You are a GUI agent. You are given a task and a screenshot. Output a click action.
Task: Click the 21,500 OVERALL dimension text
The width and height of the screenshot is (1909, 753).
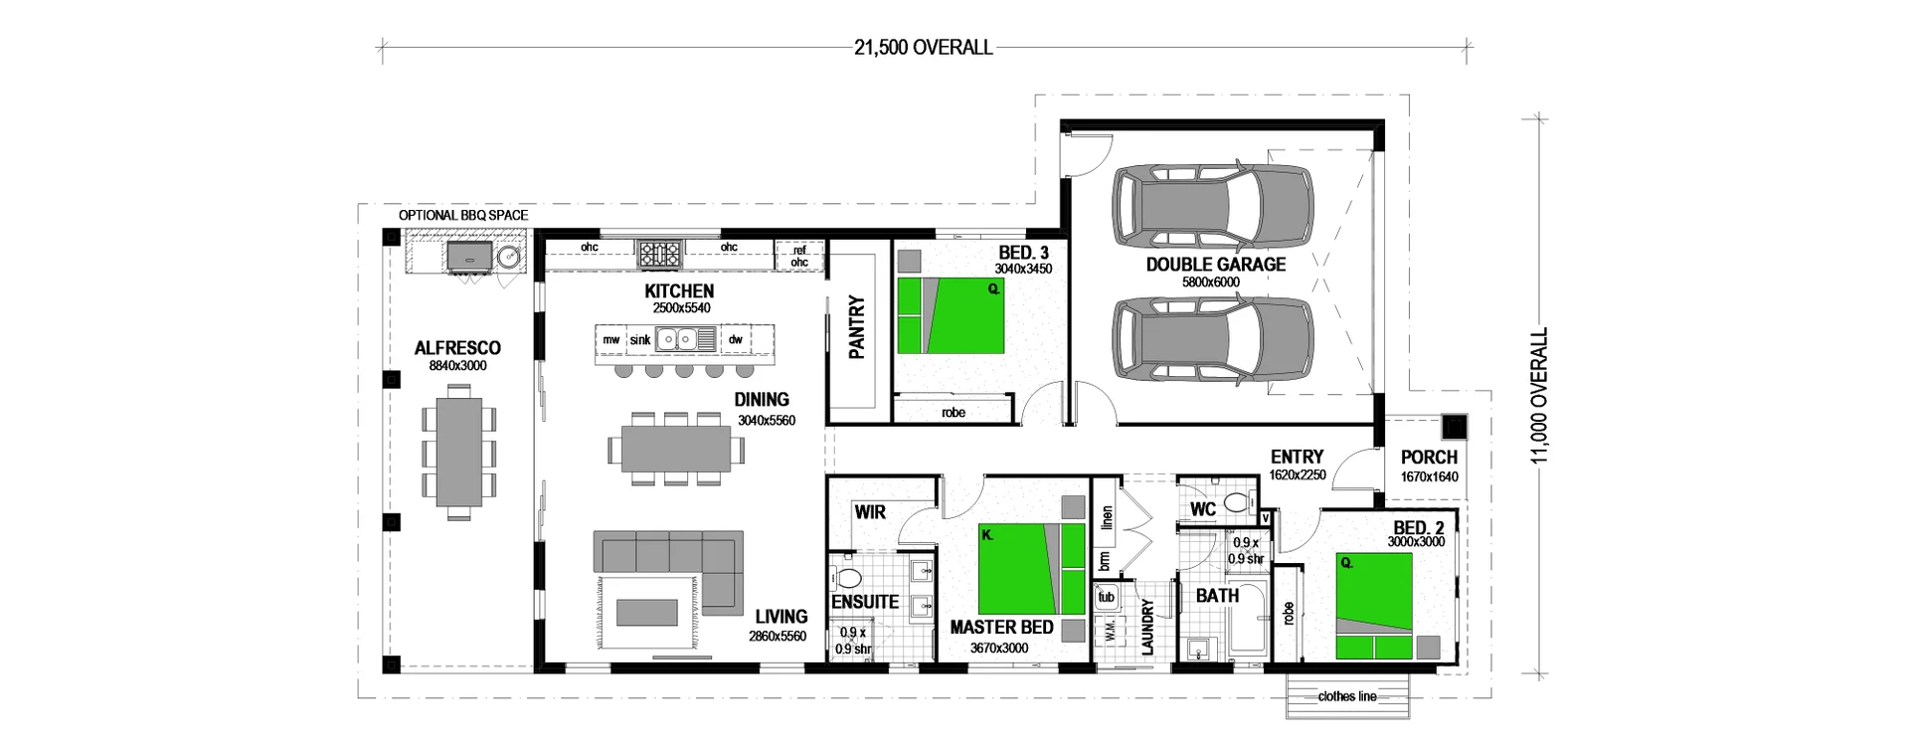[923, 47]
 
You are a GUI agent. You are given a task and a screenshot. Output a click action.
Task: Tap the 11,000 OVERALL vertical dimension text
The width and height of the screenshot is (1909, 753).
[1540, 396]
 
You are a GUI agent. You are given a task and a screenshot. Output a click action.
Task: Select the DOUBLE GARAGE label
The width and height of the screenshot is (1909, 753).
[1215, 265]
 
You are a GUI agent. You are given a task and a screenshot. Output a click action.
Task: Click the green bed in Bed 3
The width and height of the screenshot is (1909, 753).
[951, 315]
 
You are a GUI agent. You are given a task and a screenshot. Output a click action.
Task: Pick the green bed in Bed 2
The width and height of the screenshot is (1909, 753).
[1374, 607]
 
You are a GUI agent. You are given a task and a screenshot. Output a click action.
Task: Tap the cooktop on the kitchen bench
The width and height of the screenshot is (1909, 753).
[659, 253]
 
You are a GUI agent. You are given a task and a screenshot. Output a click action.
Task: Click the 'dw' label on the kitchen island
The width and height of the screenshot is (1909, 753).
[736, 339]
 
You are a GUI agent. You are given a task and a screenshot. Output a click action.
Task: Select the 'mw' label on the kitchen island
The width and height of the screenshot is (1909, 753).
[610, 339]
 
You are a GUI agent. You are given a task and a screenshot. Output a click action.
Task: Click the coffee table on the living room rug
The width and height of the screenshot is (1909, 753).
[647, 612]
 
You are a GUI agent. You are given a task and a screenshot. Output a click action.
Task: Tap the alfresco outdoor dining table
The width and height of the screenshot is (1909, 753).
[458, 453]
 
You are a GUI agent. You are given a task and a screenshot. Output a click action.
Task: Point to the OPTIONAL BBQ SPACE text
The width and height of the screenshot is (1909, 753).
[463, 215]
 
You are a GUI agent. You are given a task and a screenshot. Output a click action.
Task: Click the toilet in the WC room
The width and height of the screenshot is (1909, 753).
[1237, 501]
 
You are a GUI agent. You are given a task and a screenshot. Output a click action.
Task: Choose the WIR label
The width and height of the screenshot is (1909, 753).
[870, 512]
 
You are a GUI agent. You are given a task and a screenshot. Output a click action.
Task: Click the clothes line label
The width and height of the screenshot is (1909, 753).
[1347, 696]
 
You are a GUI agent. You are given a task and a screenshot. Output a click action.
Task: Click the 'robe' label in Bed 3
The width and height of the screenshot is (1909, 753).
[953, 412]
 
